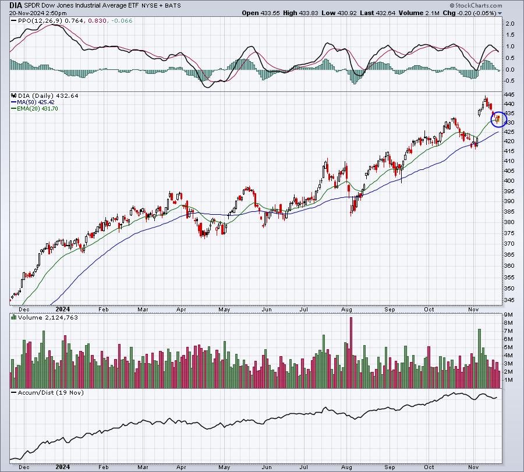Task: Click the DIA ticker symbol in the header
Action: pyautogui.click(x=15, y=5)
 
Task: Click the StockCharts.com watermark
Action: pyautogui.click(x=476, y=5)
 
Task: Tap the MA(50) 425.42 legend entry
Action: pyautogui.click(x=33, y=102)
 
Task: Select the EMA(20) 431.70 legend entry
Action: pyautogui.click(x=34, y=109)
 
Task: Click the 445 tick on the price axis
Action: pyautogui.click(x=510, y=94)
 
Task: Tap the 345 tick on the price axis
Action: pyautogui.click(x=510, y=300)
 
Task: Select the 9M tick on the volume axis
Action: pyautogui.click(x=508, y=315)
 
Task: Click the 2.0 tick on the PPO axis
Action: pyautogui.click(x=510, y=24)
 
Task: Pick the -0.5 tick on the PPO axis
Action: pyautogui.click(x=509, y=80)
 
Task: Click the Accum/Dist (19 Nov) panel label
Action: pyautogui.click(x=51, y=392)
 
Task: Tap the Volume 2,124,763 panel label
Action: pyautogui.click(x=48, y=317)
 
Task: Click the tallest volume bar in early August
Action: pyautogui.click(x=351, y=353)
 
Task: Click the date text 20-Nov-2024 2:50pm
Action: pyautogui.click(x=38, y=13)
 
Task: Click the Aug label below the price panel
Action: pyautogui.click(x=346, y=309)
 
